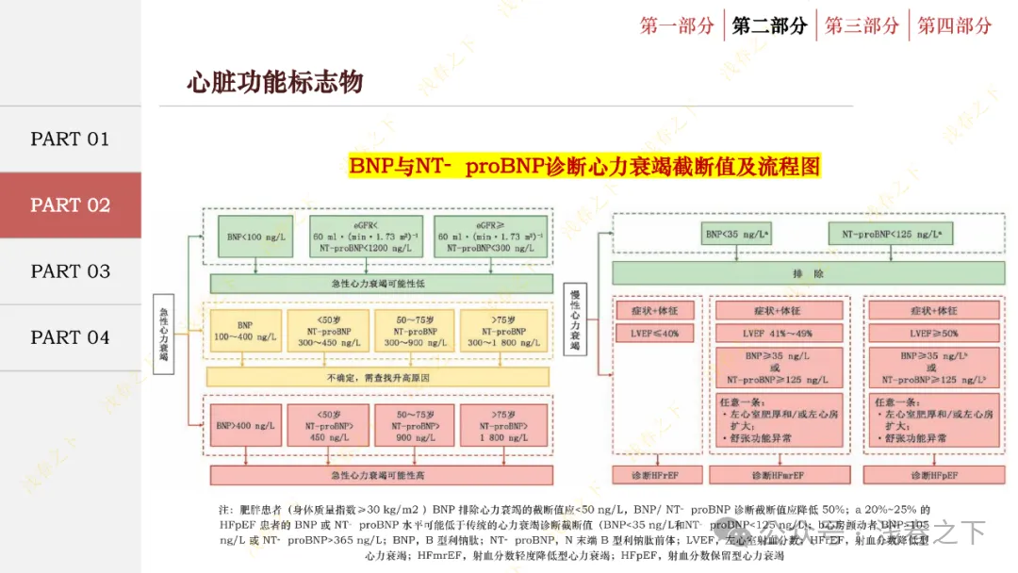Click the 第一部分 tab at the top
point(677,25)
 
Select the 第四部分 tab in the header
point(955,25)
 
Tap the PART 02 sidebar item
point(71,205)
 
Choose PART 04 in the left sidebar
point(71,336)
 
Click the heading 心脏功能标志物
point(274,82)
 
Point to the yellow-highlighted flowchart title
point(584,166)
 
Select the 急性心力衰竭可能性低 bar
point(381,284)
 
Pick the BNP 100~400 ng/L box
point(245,330)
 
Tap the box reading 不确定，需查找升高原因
point(377,377)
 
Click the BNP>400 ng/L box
point(245,424)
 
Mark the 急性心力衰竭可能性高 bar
point(381,475)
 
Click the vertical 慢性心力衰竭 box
point(575,320)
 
